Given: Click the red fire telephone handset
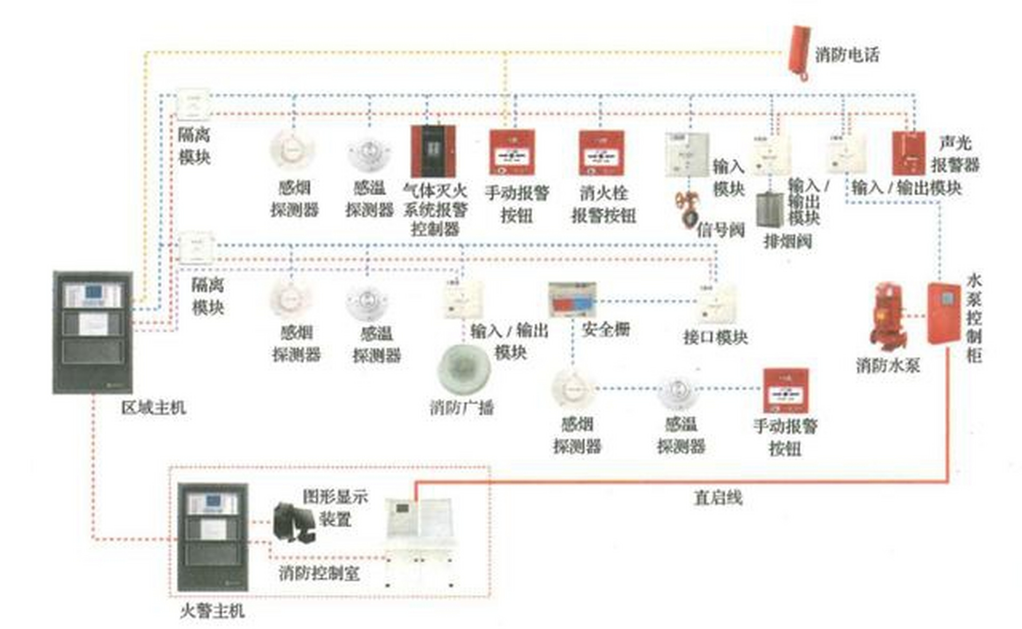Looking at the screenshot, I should pos(799,52).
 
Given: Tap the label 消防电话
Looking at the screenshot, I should pos(847,55).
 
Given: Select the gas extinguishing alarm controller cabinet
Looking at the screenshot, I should pos(433,151).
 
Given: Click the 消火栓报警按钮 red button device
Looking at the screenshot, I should pos(602,153).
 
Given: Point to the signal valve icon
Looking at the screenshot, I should pos(686,209).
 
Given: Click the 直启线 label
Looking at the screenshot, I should pos(717,498).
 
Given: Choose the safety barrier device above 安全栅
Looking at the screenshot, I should pos(572,299).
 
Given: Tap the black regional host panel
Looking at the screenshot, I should pos(93,332).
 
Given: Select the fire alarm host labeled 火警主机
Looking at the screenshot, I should pos(212,537).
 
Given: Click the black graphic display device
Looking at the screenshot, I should pos(293,522).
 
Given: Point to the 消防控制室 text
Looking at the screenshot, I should pos(319,573).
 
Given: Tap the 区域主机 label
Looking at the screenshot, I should pos(153,407).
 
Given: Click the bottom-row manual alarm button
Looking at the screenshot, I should pos(785,391).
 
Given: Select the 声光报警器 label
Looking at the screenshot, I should pos(955,154).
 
